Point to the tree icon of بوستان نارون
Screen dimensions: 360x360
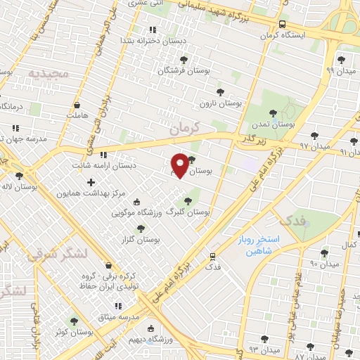pos(220,91)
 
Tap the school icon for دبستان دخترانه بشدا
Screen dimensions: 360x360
pos(153,30)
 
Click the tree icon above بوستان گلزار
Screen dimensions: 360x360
pos(141,228)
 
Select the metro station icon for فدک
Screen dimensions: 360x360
pos(212,256)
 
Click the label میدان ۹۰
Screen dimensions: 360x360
pos(324,264)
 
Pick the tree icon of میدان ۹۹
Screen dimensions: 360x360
pos(340,59)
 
